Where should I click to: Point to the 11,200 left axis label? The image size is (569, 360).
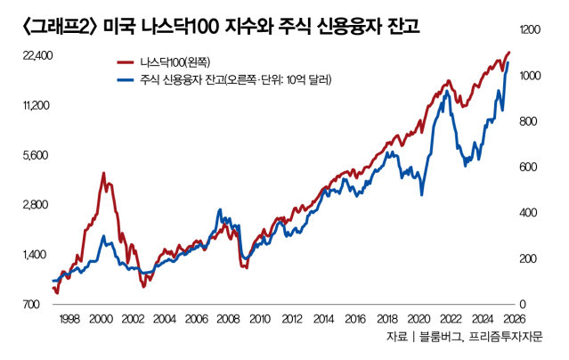[35, 105]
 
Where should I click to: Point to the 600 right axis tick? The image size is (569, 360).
[529, 167]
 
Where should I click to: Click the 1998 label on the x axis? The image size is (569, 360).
[70, 319]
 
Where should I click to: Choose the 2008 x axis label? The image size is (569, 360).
[228, 319]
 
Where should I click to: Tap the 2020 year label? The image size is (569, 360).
[418, 319]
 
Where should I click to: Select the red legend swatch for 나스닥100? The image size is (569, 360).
[127, 63]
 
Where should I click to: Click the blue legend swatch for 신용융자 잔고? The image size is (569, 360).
[127, 80]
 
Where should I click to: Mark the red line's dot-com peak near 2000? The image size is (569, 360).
[103, 174]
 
